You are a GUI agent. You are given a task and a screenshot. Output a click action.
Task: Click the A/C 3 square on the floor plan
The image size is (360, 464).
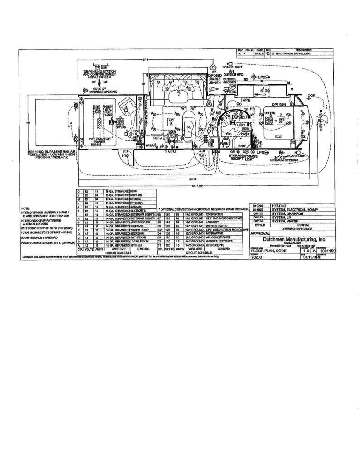(x=171, y=121)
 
